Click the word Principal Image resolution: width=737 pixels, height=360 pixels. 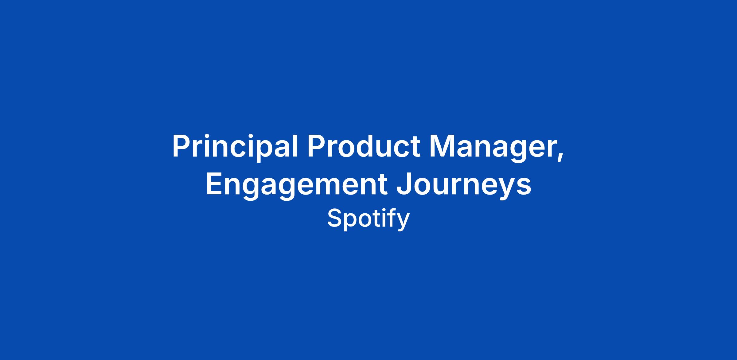coord(235,147)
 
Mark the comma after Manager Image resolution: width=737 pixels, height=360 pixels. coord(560,157)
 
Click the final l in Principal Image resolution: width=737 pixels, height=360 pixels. coord(296,145)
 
